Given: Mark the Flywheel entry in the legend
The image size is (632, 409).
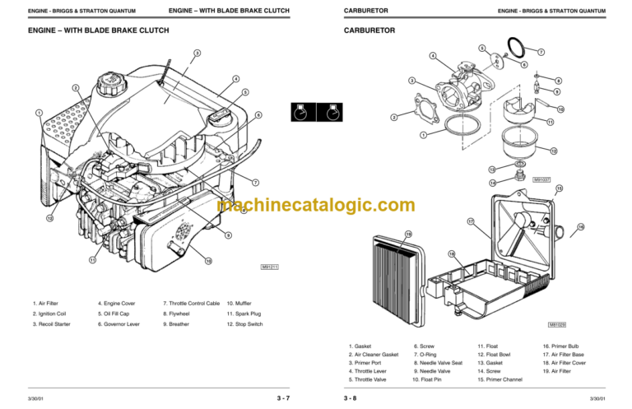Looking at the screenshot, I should click(x=179, y=314).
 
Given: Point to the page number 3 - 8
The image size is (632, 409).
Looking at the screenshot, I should click(x=351, y=398).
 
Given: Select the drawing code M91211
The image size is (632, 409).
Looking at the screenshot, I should click(x=271, y=267).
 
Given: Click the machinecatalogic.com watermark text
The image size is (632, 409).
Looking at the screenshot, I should click(x=316, y=206).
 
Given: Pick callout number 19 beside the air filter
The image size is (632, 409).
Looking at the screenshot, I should click(x=407, y=235).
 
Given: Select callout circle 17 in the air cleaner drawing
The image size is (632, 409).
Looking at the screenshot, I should click(x=471, y=221).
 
